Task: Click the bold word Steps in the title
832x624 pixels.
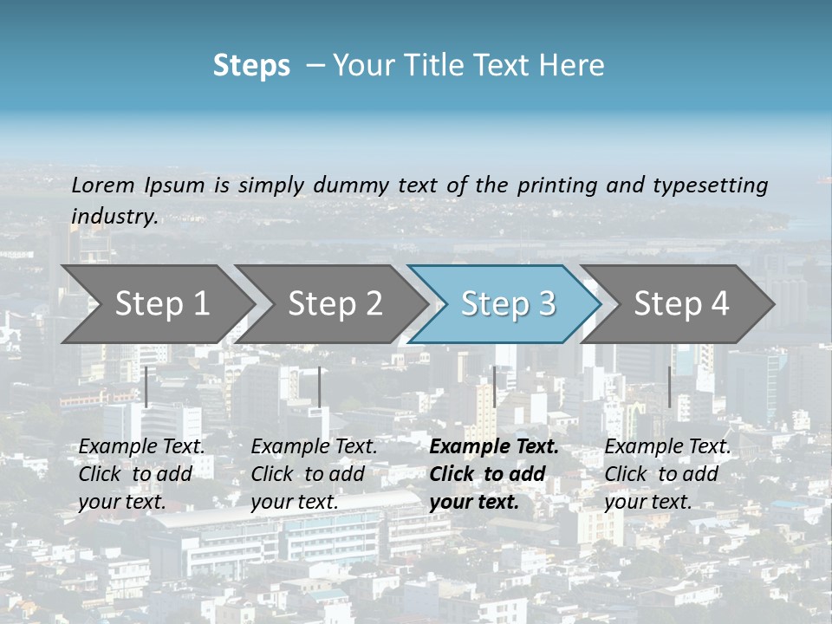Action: click(x=251, y=66)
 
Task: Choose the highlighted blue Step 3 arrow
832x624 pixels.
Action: click(x=508, y=303)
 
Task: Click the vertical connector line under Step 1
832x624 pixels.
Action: click(x=146, y=387)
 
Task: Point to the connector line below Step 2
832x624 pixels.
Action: click(x=320, y=387)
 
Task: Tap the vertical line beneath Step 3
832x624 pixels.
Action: click(x=495, y=387)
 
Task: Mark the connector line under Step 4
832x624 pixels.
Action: click(x=670, y=387)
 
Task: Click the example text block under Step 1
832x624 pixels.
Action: click(x=141, y=474)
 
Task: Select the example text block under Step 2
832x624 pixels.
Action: click(x=314, y=474)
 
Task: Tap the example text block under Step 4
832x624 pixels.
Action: click(x=667, y=474)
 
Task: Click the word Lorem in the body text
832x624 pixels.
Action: click(x=103, y=185)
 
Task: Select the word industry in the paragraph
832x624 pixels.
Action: click(x=114, y=216)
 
